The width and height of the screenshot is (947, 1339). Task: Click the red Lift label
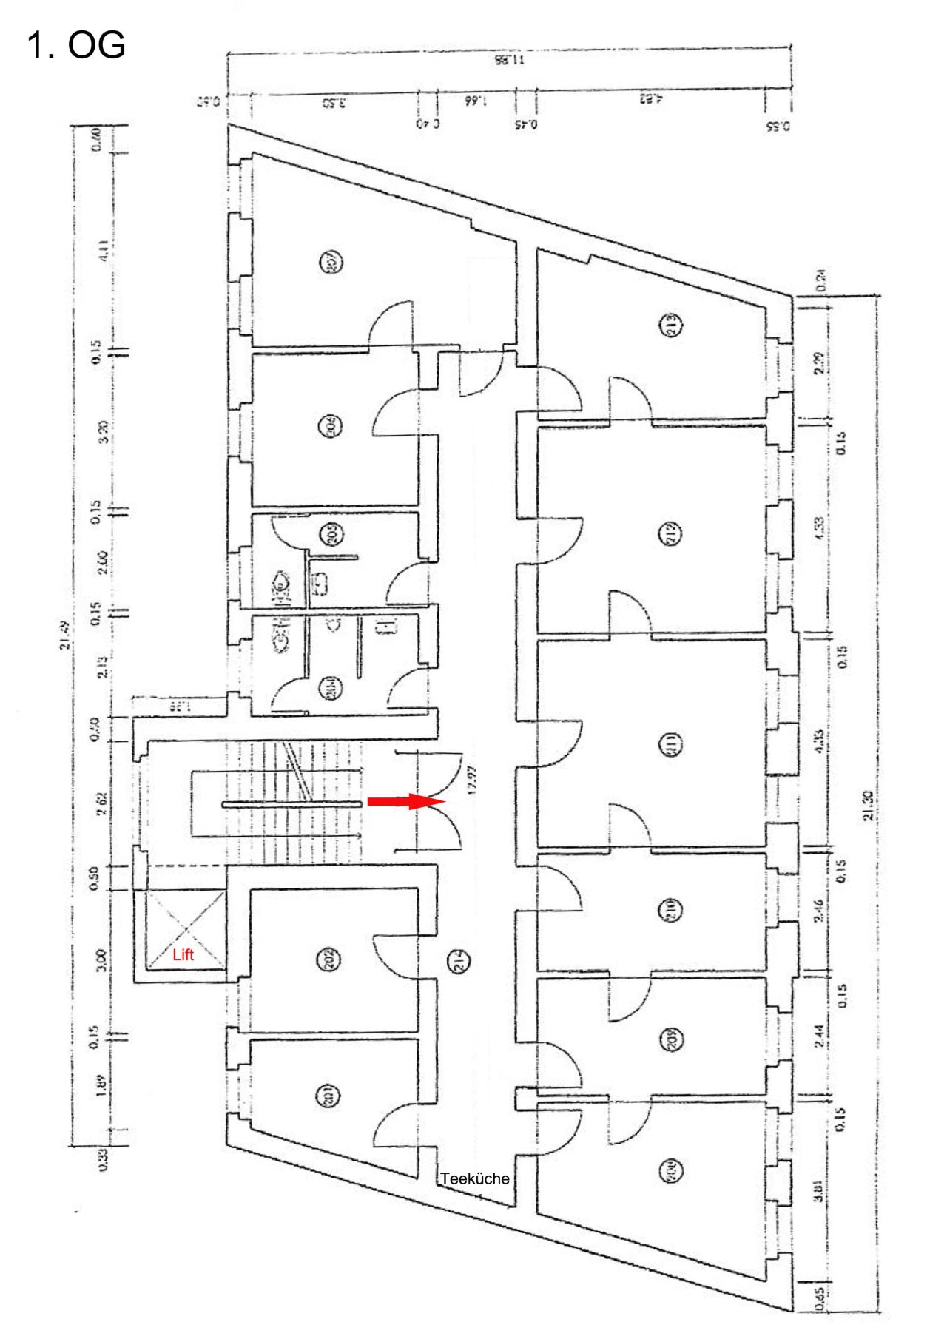tap(183, 954)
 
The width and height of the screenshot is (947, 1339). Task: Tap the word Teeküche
tap(475, 1178)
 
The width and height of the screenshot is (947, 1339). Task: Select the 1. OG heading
tap(75, 46)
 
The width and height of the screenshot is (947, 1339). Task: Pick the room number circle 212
tap(670, 533)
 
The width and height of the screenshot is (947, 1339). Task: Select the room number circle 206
tap(330, 425)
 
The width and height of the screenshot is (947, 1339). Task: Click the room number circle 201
tap(330, 1096)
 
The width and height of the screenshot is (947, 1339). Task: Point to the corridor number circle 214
tap(459, 960)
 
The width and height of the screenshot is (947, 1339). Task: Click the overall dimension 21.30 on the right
tap(869, 806)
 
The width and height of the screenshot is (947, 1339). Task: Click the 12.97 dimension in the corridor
tap(473, 781)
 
